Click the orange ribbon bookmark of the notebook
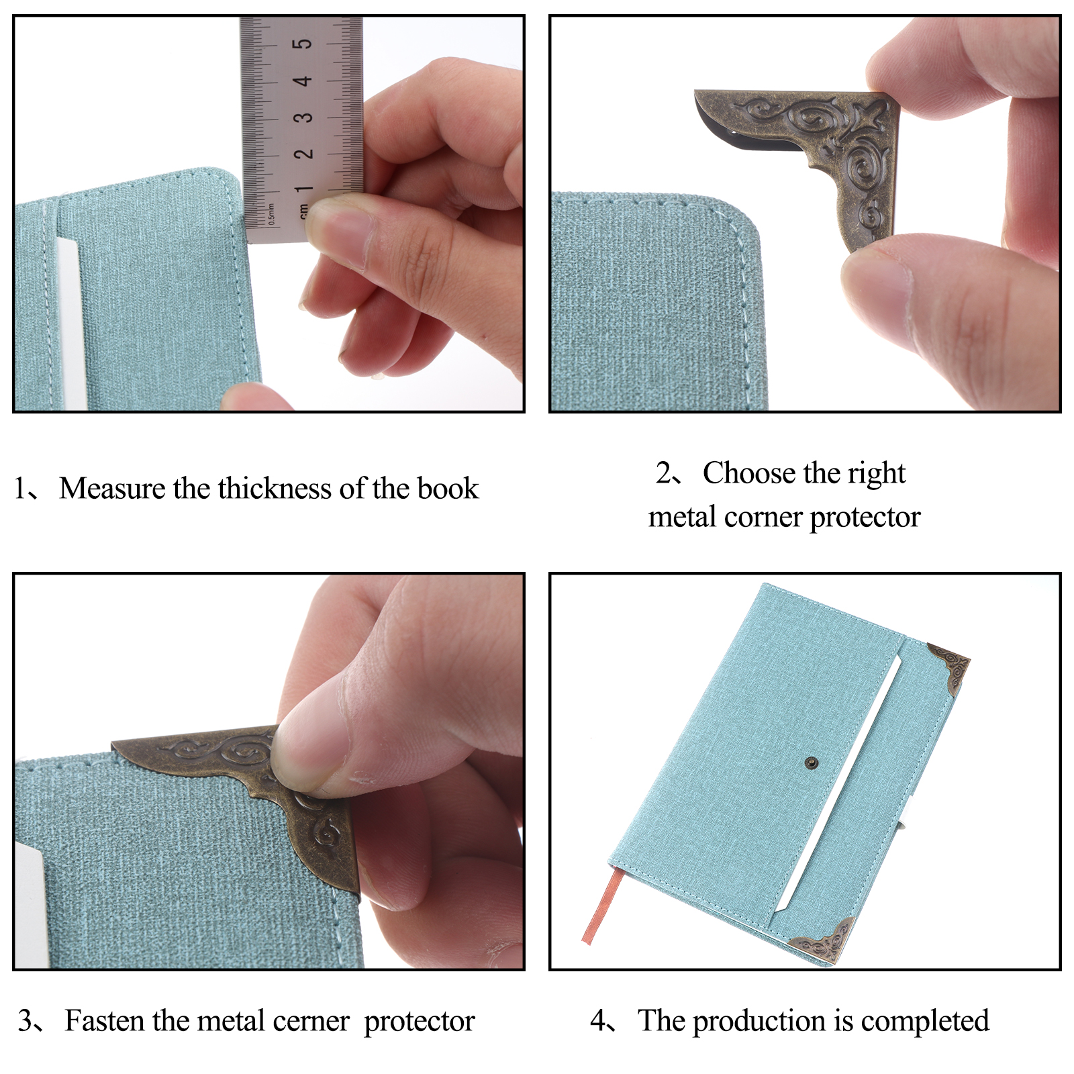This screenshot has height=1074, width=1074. click(x=600, y=904)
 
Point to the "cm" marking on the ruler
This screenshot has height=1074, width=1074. click(x=303, y=212)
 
